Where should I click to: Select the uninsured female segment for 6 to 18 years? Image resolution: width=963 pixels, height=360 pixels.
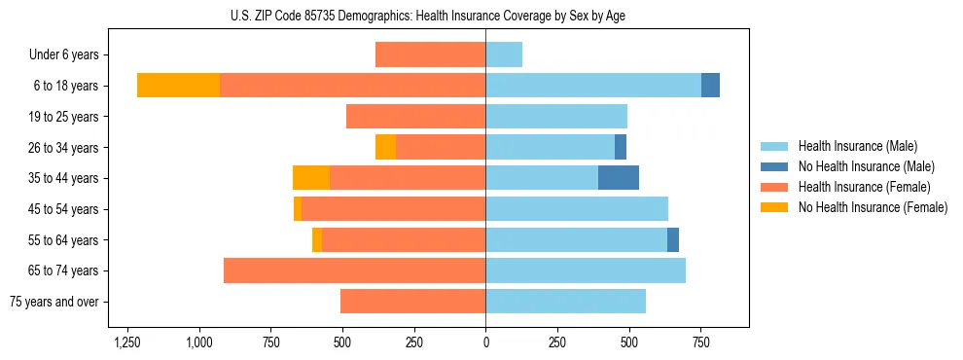[178, 86]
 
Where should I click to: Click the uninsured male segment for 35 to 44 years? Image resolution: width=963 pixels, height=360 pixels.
[619, 178]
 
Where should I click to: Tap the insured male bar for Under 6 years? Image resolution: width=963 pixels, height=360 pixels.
[504, 54]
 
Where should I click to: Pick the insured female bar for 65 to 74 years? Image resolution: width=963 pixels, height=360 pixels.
[354, 270]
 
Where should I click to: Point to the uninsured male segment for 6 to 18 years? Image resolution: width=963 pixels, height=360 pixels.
[710, 86]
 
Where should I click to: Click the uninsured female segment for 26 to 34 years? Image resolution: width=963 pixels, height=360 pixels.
[385, 147]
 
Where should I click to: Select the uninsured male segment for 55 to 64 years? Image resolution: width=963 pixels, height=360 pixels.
[673, 239]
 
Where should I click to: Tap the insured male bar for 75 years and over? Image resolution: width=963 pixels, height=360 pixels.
[565, 302]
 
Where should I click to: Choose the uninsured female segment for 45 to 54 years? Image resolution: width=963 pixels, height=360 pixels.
[298, 208]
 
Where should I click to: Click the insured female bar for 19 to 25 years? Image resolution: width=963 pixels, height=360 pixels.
[415, 117]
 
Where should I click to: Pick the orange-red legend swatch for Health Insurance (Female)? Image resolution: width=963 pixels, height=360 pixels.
[774, 187]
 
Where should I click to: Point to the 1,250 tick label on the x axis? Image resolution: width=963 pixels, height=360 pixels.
[127, 343]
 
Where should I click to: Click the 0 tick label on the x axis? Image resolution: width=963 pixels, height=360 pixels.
[485, 343]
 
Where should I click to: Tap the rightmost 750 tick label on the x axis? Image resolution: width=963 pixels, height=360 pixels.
[700, 343]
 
